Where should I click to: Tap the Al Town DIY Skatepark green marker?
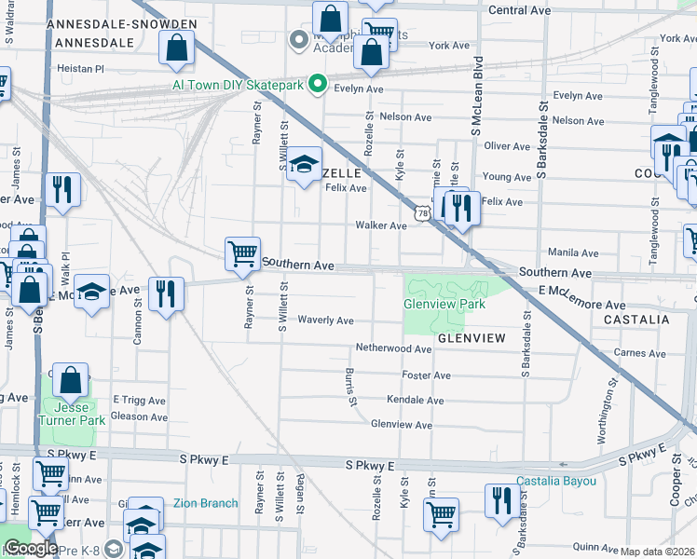click(317, 84)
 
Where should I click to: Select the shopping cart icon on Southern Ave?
click(242, 253)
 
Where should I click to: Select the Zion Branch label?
click(205, 503)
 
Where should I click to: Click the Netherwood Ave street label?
click(393, 348)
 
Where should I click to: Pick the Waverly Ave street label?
click(325, 320)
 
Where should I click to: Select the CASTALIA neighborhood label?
click(636, 319)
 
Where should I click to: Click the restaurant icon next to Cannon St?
click(167, 295)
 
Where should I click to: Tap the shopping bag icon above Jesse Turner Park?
click(71, 379)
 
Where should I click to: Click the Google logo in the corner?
click(30, 548)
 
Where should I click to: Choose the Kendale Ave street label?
click(415, 400)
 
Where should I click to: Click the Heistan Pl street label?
click(80, 68)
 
